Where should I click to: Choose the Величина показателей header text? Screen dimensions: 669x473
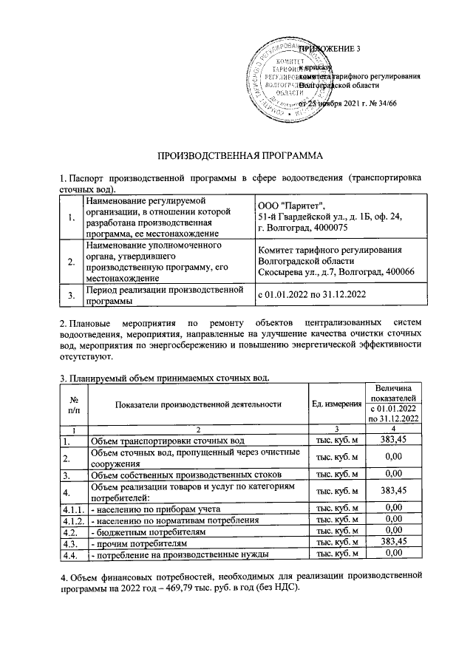pyautogui.click(x=395, y=393)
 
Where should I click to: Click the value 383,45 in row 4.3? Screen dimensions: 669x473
pyautogui.click(x=395, y=541)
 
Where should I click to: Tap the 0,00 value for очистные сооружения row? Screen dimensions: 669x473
pyautogui.click(x=395, y=457)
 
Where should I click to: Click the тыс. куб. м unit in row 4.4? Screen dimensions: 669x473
pyautogui.click(x=336, y=553)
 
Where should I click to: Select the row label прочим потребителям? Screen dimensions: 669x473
pyautogui.click(x=132, y=541)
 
